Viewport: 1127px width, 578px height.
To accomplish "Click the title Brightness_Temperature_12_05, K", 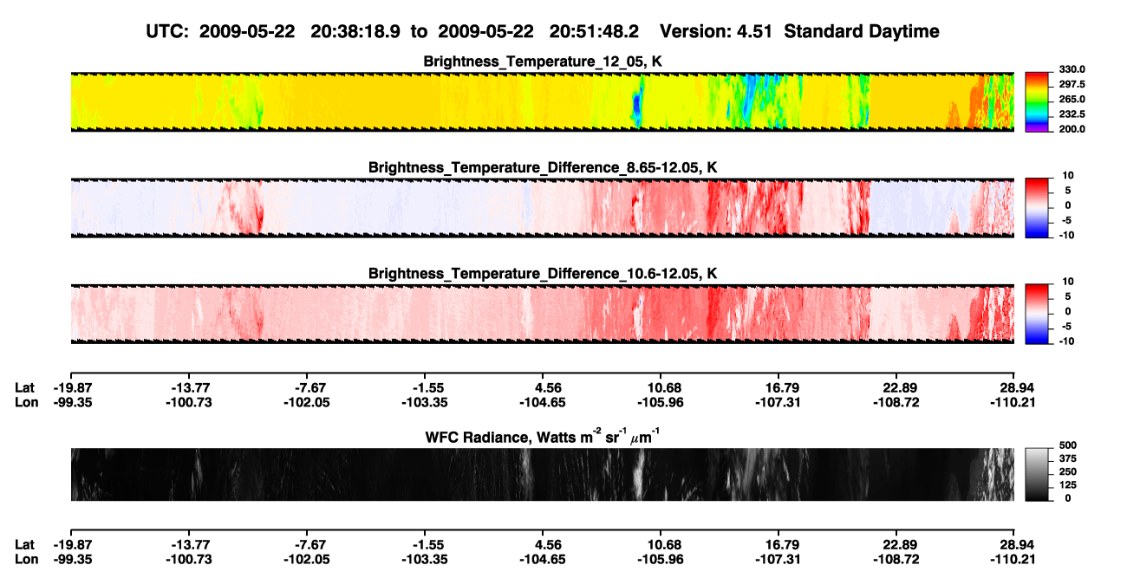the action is point(543,62).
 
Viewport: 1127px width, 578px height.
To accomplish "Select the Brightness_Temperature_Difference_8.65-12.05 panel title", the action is point(543,167).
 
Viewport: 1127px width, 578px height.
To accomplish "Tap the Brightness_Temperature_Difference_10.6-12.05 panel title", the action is point(543,274).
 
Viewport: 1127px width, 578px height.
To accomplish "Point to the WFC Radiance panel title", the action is point(543,437).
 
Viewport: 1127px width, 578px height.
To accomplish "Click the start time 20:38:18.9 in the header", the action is point(355,31).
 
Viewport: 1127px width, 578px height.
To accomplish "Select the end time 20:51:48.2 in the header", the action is point(594,31).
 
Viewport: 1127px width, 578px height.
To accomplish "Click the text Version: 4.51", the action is point(715,31).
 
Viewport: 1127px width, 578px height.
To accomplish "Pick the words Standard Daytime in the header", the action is point(862,31).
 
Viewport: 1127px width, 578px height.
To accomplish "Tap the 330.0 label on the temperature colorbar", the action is point(1072,69).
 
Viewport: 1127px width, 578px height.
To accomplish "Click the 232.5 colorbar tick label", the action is point(1072,114).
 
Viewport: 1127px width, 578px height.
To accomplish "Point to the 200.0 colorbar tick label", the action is point(1072,129).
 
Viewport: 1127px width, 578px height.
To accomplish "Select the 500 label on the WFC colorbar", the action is point(1068,445).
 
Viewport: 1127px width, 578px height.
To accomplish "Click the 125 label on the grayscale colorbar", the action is point(1068,485).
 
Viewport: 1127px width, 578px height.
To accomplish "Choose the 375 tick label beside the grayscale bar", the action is point(1068,458).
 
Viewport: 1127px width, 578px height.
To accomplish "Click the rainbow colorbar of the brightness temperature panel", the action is point(1037,102).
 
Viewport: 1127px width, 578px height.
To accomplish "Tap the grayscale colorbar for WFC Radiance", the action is point(1037,474).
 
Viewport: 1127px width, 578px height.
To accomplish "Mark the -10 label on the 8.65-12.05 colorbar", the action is point(1066,236).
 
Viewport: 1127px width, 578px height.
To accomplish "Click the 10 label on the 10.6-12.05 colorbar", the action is point(1068,282).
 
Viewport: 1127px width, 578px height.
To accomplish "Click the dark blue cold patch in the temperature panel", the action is point(636,105).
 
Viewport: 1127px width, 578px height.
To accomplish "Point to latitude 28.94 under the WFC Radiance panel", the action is point(1013,544).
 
